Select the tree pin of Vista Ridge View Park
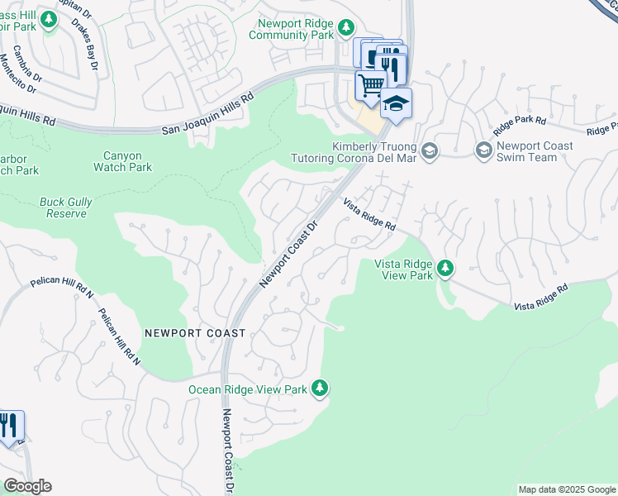point(445,268)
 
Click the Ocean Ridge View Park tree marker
point(320,389)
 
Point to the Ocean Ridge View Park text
point(248,389)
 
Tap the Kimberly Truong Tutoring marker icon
point(429,150)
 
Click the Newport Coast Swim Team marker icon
point(483,150)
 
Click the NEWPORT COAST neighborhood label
point(195,333)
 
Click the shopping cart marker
point(371,83)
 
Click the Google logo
point(27,486)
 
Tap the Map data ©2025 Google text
point(567,489)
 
